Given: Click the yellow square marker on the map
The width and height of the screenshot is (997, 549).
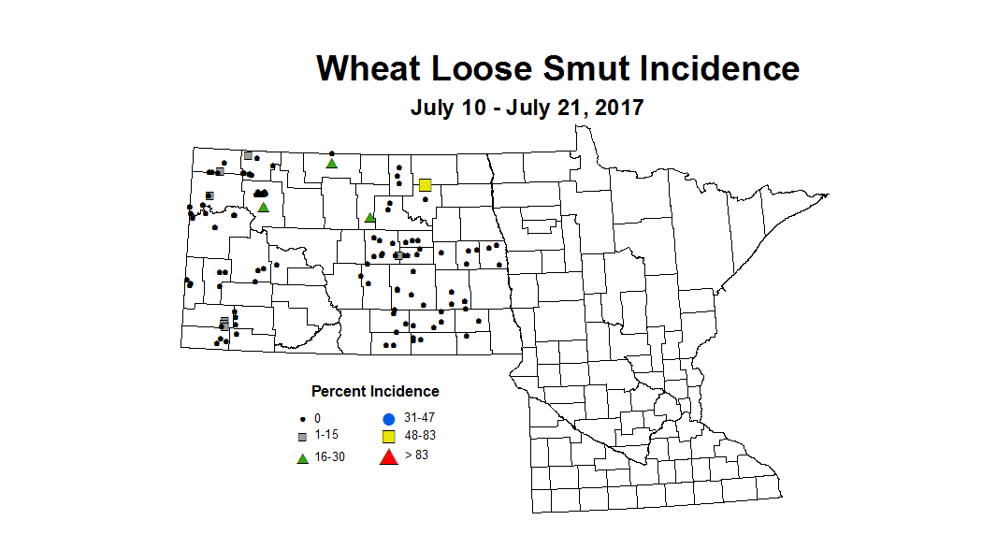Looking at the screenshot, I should coord(425,185).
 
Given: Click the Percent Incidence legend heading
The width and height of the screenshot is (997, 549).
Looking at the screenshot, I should coord(375,391).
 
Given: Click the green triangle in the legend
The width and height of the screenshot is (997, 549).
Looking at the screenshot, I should coord(302,458).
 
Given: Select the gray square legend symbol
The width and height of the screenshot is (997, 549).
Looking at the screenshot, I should coord(302,437).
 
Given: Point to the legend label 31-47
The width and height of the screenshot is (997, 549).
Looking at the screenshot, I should coord(420,417).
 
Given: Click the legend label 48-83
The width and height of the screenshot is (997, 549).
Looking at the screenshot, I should coord(420,436).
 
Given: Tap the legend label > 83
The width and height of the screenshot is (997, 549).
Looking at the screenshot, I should coord(417,455).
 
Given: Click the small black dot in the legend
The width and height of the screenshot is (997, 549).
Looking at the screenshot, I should coord(302,418).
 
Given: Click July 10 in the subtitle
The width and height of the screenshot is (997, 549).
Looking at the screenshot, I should coord(447,108).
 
